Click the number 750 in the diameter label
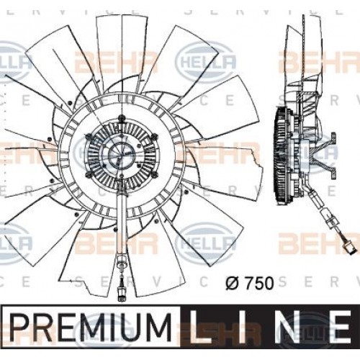pyautogui.click(x=259, y=283)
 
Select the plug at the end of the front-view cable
pyautogui.click(x=122, y=296)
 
